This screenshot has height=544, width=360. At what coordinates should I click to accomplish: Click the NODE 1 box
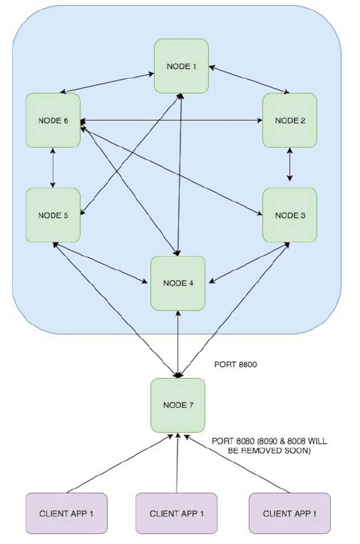(x=181, y=66)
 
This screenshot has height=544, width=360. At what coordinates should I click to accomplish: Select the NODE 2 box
(x=290, y=120)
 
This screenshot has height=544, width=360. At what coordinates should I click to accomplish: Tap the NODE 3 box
(x=290, y=215)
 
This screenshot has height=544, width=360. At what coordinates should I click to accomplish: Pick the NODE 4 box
(x=178, y=283)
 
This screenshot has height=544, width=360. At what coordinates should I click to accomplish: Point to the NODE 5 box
(x=53, y=215)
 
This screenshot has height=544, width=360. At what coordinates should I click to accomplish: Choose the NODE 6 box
(x=53, y=120)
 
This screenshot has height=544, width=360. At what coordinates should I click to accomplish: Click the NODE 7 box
(x=178, y=405)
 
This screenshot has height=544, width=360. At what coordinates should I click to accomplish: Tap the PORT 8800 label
(x=235, y=364)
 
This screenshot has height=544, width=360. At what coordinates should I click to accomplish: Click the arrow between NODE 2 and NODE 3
(x=290, y=164)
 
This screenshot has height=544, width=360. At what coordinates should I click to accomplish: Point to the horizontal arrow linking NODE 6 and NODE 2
(x=171, y=120)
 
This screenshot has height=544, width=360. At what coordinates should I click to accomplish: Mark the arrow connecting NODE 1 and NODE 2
(x=249, y=79)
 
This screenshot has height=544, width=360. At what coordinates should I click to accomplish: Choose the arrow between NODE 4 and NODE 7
(x=178, y=344)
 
